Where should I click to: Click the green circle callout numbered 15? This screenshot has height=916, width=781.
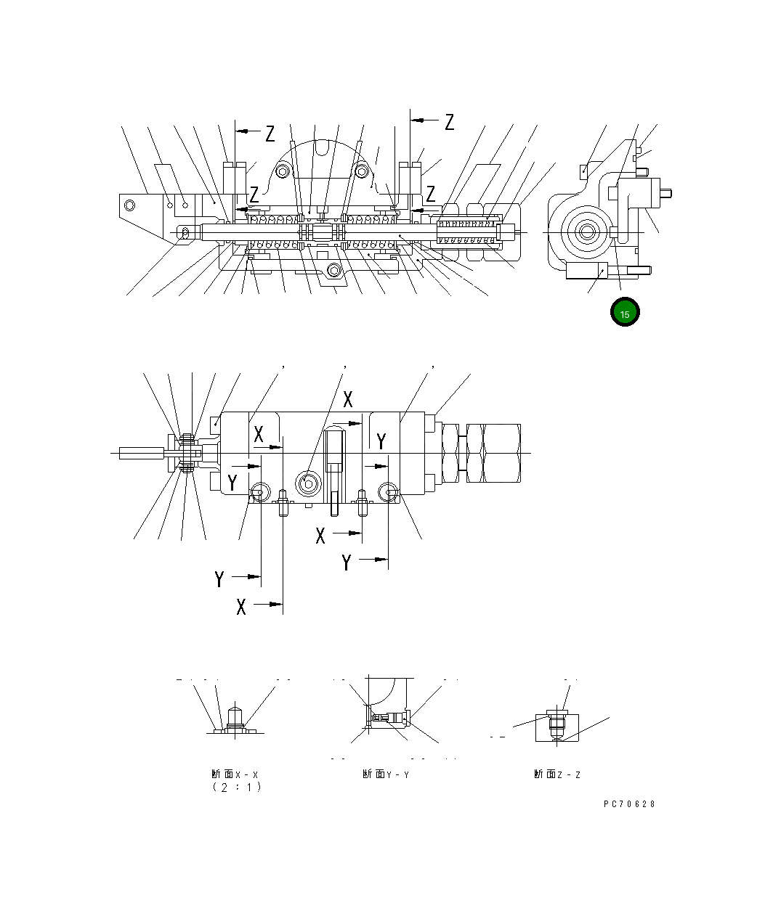[625, 312]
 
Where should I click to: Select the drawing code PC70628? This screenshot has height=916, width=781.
[629, 803]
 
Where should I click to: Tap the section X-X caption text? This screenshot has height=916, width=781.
[235, 774]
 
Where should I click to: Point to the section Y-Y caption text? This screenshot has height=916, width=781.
[386, 774]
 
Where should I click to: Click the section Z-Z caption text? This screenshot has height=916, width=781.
[557, 774]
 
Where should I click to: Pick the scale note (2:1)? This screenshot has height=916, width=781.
[236, 787]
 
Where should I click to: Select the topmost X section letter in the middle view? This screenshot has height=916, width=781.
[348, 398]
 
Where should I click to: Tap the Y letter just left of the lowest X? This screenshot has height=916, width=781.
[220, 579]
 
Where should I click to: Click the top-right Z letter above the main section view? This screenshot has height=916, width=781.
[450, 122]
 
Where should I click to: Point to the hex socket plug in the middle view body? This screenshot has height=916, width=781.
[308, 484]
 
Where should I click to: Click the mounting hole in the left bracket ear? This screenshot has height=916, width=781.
[130, 204]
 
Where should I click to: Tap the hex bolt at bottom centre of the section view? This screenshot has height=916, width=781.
[334, 271]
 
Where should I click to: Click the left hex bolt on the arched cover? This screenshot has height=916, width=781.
[283, 171]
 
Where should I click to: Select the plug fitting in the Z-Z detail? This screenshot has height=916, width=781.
[558, 724]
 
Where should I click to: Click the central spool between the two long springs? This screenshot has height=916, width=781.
[323, 232]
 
